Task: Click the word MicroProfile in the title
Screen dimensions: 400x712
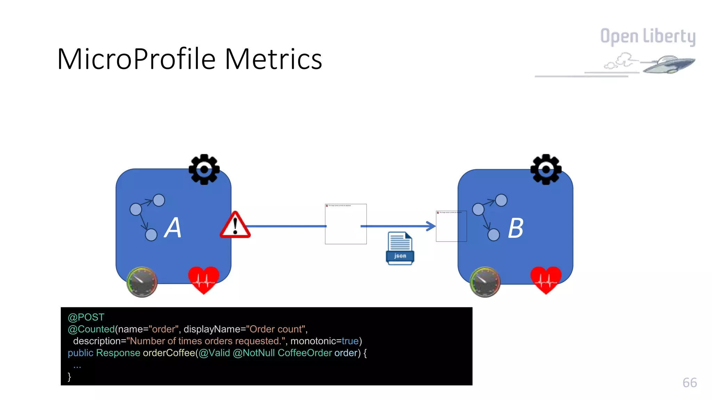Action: point(136,59)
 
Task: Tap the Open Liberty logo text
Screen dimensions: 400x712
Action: point(648,36)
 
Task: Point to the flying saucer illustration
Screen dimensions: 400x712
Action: point(668,64)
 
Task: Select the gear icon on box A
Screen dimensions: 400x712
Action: point(204,169)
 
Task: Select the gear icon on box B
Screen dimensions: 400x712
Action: point(546,169)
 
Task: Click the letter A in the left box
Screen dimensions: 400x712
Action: point(173,228)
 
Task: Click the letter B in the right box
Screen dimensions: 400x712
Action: point(516,228)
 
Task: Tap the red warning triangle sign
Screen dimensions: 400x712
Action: point(235,226)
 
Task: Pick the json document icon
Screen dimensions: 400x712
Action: point(400,248)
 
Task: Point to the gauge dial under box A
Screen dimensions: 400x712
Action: point(142,282)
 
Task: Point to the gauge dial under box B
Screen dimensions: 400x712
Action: point(485,282)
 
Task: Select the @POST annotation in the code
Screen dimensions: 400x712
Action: point(86,317)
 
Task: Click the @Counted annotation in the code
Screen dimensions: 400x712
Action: point(91,329)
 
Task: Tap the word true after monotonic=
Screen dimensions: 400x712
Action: point(350,341)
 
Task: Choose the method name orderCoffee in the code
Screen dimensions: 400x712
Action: point(169,353)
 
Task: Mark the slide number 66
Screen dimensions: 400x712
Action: point(689,383)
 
